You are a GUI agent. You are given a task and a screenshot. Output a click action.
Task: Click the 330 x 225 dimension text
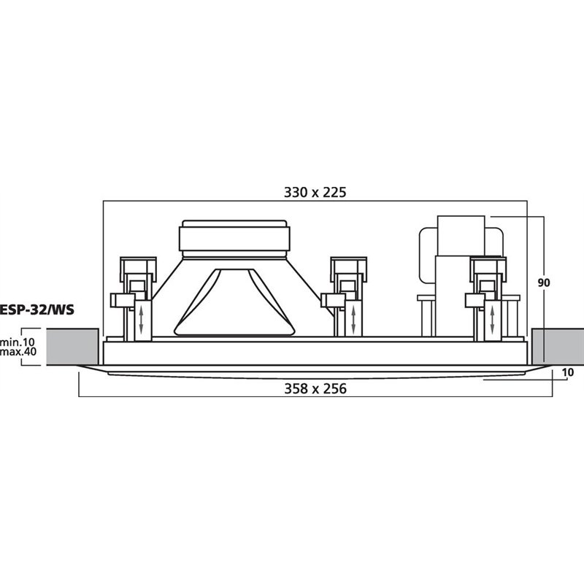coord(315,192)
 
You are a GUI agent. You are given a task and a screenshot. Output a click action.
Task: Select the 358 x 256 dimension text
coord(315,388)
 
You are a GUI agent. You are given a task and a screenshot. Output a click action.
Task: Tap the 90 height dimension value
coord(544,283)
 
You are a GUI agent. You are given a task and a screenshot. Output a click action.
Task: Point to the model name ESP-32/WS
coord(36,310)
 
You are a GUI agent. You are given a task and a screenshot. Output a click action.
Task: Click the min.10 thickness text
coord(18,342)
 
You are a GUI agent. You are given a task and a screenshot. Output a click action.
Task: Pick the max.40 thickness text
coord(18,351)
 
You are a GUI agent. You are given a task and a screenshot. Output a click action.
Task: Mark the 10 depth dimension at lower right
coord(568,372)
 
